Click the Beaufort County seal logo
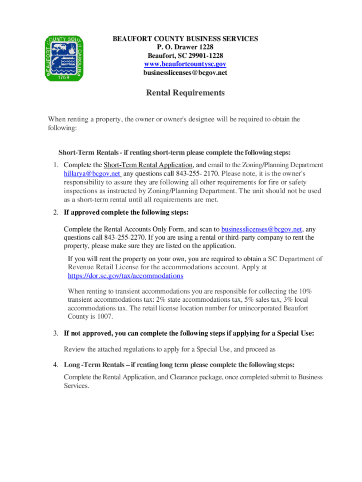[63, 58]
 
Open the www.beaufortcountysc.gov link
[185, 64]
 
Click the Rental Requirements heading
[185, 93]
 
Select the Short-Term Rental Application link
[148, 165]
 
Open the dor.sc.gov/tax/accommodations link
[126, 276]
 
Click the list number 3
[55, 334]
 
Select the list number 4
[55, 365]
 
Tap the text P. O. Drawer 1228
[185, 48]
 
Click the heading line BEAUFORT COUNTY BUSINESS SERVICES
[185, 39]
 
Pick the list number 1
[55, 165]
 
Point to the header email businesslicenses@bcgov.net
[185, 73]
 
